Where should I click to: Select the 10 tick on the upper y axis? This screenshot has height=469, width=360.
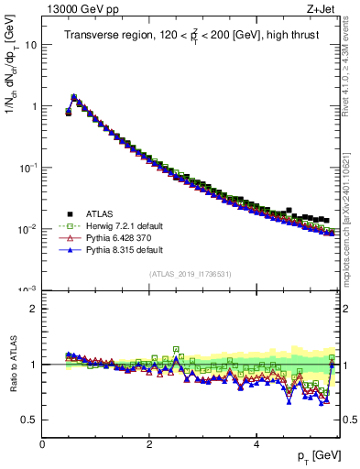click(31, 44)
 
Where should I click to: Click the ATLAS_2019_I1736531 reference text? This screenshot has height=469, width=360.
click(191, 275)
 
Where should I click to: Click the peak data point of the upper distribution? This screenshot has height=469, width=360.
click(74, 96)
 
